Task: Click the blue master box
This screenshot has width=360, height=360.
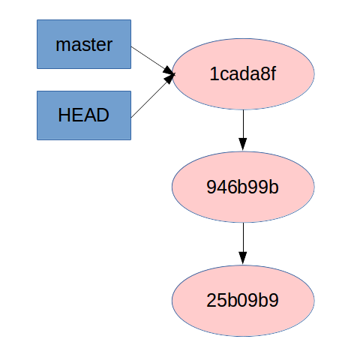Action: pos(84,44)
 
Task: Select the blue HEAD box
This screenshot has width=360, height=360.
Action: pos(84,115)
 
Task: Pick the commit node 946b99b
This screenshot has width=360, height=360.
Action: pos(243,187)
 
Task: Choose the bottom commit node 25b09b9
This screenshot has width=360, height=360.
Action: pos(243,301)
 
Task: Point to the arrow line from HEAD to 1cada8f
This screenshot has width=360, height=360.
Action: pos(150,97)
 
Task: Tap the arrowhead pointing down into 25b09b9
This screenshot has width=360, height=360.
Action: pos(242,258)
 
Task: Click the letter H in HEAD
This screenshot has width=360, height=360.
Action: pos(64,115)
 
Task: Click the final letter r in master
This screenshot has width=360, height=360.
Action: pos(109,45)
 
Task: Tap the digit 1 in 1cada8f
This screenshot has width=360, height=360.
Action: pos(214,75)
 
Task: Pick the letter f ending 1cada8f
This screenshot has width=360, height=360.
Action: pos(274,75)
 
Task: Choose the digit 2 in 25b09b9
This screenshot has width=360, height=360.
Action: pos(211,301)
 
